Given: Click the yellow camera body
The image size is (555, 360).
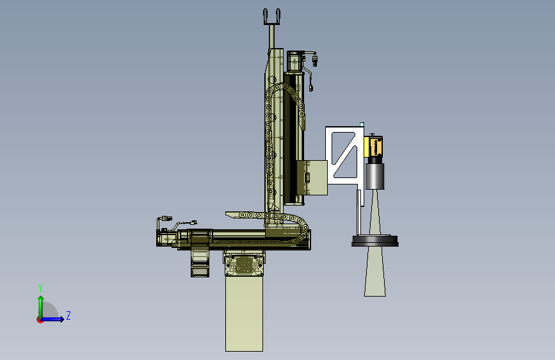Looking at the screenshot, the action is click(373, 147).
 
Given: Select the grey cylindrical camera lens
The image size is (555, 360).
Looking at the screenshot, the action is click(374, 176).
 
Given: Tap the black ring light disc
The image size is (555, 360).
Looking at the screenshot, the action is click(375, 241).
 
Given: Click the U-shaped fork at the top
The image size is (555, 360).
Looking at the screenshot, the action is click(271, 17).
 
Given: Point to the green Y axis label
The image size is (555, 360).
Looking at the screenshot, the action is click(40, 288).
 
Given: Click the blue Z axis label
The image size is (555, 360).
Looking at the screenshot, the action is click(68, 315).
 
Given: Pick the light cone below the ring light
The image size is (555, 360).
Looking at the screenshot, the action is click(375, 272).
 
